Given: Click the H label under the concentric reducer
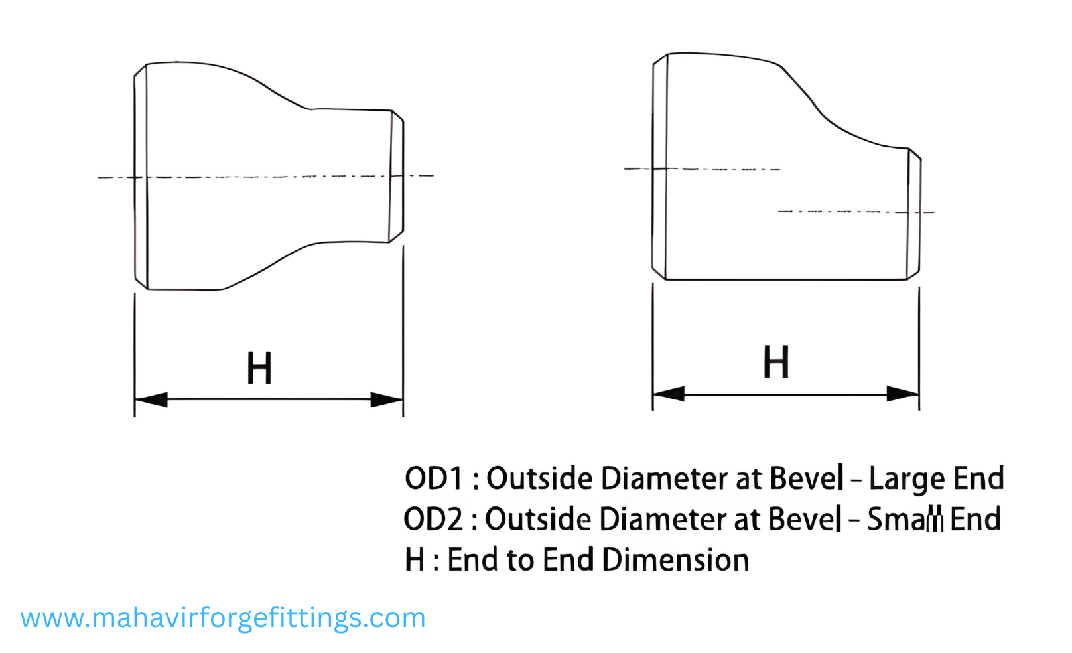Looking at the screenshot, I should (x=259, y=368).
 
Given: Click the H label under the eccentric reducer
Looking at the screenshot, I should (x=776, y=362).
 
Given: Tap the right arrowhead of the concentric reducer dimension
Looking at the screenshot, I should (x=387, y=399).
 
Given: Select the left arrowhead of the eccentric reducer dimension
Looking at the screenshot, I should (x=669, y=394).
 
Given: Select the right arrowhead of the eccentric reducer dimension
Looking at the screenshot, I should (x=903, y=394).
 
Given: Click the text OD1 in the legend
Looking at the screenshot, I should (x=433, y=478).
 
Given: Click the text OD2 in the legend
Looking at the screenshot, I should (x=433, y=519).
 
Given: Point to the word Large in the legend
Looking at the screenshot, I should (x=907, y=479).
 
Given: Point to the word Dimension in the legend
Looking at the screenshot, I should (x=676, y=560).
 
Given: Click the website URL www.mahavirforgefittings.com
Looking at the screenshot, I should (x=223, y=618).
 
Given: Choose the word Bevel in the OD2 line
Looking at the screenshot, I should (x=805, y=519).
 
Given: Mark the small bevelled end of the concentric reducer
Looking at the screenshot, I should (x=397, y=177).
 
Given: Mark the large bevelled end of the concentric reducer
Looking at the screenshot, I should (x=141, y=177).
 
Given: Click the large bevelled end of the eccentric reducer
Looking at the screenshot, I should (x=660, y=166).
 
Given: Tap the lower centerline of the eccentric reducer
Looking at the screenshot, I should (x=856, y=212).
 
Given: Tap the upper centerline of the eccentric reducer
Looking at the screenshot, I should (x=703, y=169).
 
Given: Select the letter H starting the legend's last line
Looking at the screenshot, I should (x=415, y=560).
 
